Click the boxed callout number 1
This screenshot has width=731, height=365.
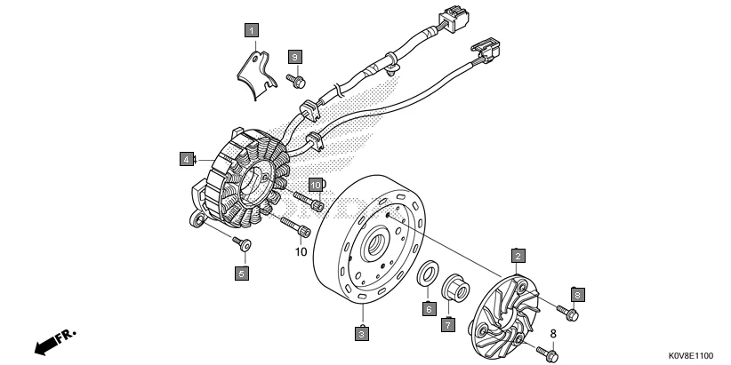point(252,32)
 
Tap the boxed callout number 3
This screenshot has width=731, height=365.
point(362,334)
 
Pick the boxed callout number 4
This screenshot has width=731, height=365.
point(186,160)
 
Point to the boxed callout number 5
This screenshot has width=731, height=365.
point(241,274)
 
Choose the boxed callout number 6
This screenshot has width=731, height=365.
point(428,309)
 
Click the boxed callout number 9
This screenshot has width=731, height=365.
point(294,57)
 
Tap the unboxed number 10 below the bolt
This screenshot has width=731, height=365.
point(300,251)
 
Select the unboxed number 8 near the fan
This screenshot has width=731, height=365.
point(552,333)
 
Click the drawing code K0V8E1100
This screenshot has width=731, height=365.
point(687,353)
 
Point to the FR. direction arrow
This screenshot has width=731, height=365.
point(54,342)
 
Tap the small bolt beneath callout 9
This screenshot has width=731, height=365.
point(296,81)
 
